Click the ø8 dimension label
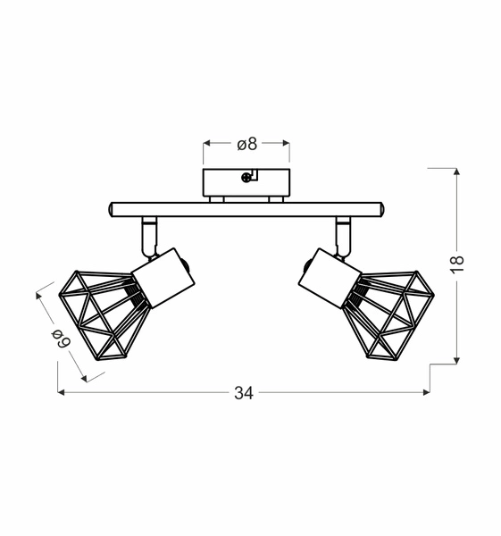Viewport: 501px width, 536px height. [246, 143]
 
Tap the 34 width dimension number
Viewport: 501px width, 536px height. [243, 393]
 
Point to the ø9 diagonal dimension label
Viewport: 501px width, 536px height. [62, 337]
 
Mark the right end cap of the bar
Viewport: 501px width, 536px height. [380, 209]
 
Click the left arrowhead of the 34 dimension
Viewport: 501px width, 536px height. [62, 393]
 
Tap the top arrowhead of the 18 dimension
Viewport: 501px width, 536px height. [457, 172]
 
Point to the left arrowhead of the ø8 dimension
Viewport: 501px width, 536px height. [207, 143]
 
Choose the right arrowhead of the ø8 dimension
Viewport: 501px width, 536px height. [286, 143]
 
